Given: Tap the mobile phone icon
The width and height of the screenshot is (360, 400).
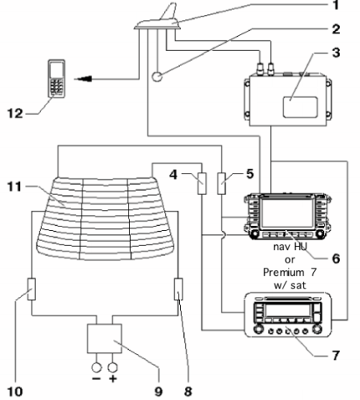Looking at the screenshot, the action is pos(57,78).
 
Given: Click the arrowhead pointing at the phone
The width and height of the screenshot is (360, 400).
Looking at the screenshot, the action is pos(83,79).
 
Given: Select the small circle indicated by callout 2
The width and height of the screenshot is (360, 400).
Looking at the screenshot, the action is pos(157,77).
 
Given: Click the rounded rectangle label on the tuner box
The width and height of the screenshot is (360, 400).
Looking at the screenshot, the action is pos(300,107).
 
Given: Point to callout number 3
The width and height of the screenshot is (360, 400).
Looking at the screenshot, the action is pos(336,52).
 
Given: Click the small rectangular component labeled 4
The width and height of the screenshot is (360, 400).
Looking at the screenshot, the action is pos(202,183).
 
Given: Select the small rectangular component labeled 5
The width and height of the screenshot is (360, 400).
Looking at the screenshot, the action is pos(222,183).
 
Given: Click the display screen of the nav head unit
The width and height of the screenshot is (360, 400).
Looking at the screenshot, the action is pos(287,213).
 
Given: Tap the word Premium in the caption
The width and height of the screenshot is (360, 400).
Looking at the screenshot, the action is pos(279,272).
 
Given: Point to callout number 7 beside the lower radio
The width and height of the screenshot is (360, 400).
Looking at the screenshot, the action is pos(336,355).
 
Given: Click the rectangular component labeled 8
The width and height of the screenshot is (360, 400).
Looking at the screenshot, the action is pos(178,289).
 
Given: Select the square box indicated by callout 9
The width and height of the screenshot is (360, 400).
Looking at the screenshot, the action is pos(104,338).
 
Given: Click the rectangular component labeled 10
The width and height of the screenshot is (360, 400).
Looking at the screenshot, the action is pos(32,289).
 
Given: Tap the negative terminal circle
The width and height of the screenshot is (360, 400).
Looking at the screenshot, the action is pos(97,367).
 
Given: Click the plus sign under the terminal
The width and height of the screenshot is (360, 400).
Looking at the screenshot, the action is pos(112,378).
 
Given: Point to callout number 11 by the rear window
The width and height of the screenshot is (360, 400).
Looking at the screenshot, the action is pos(14,187).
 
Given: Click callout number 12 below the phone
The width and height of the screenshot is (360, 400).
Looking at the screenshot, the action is pos(15,113).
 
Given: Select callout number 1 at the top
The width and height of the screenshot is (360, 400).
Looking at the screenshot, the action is pos(336,5).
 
